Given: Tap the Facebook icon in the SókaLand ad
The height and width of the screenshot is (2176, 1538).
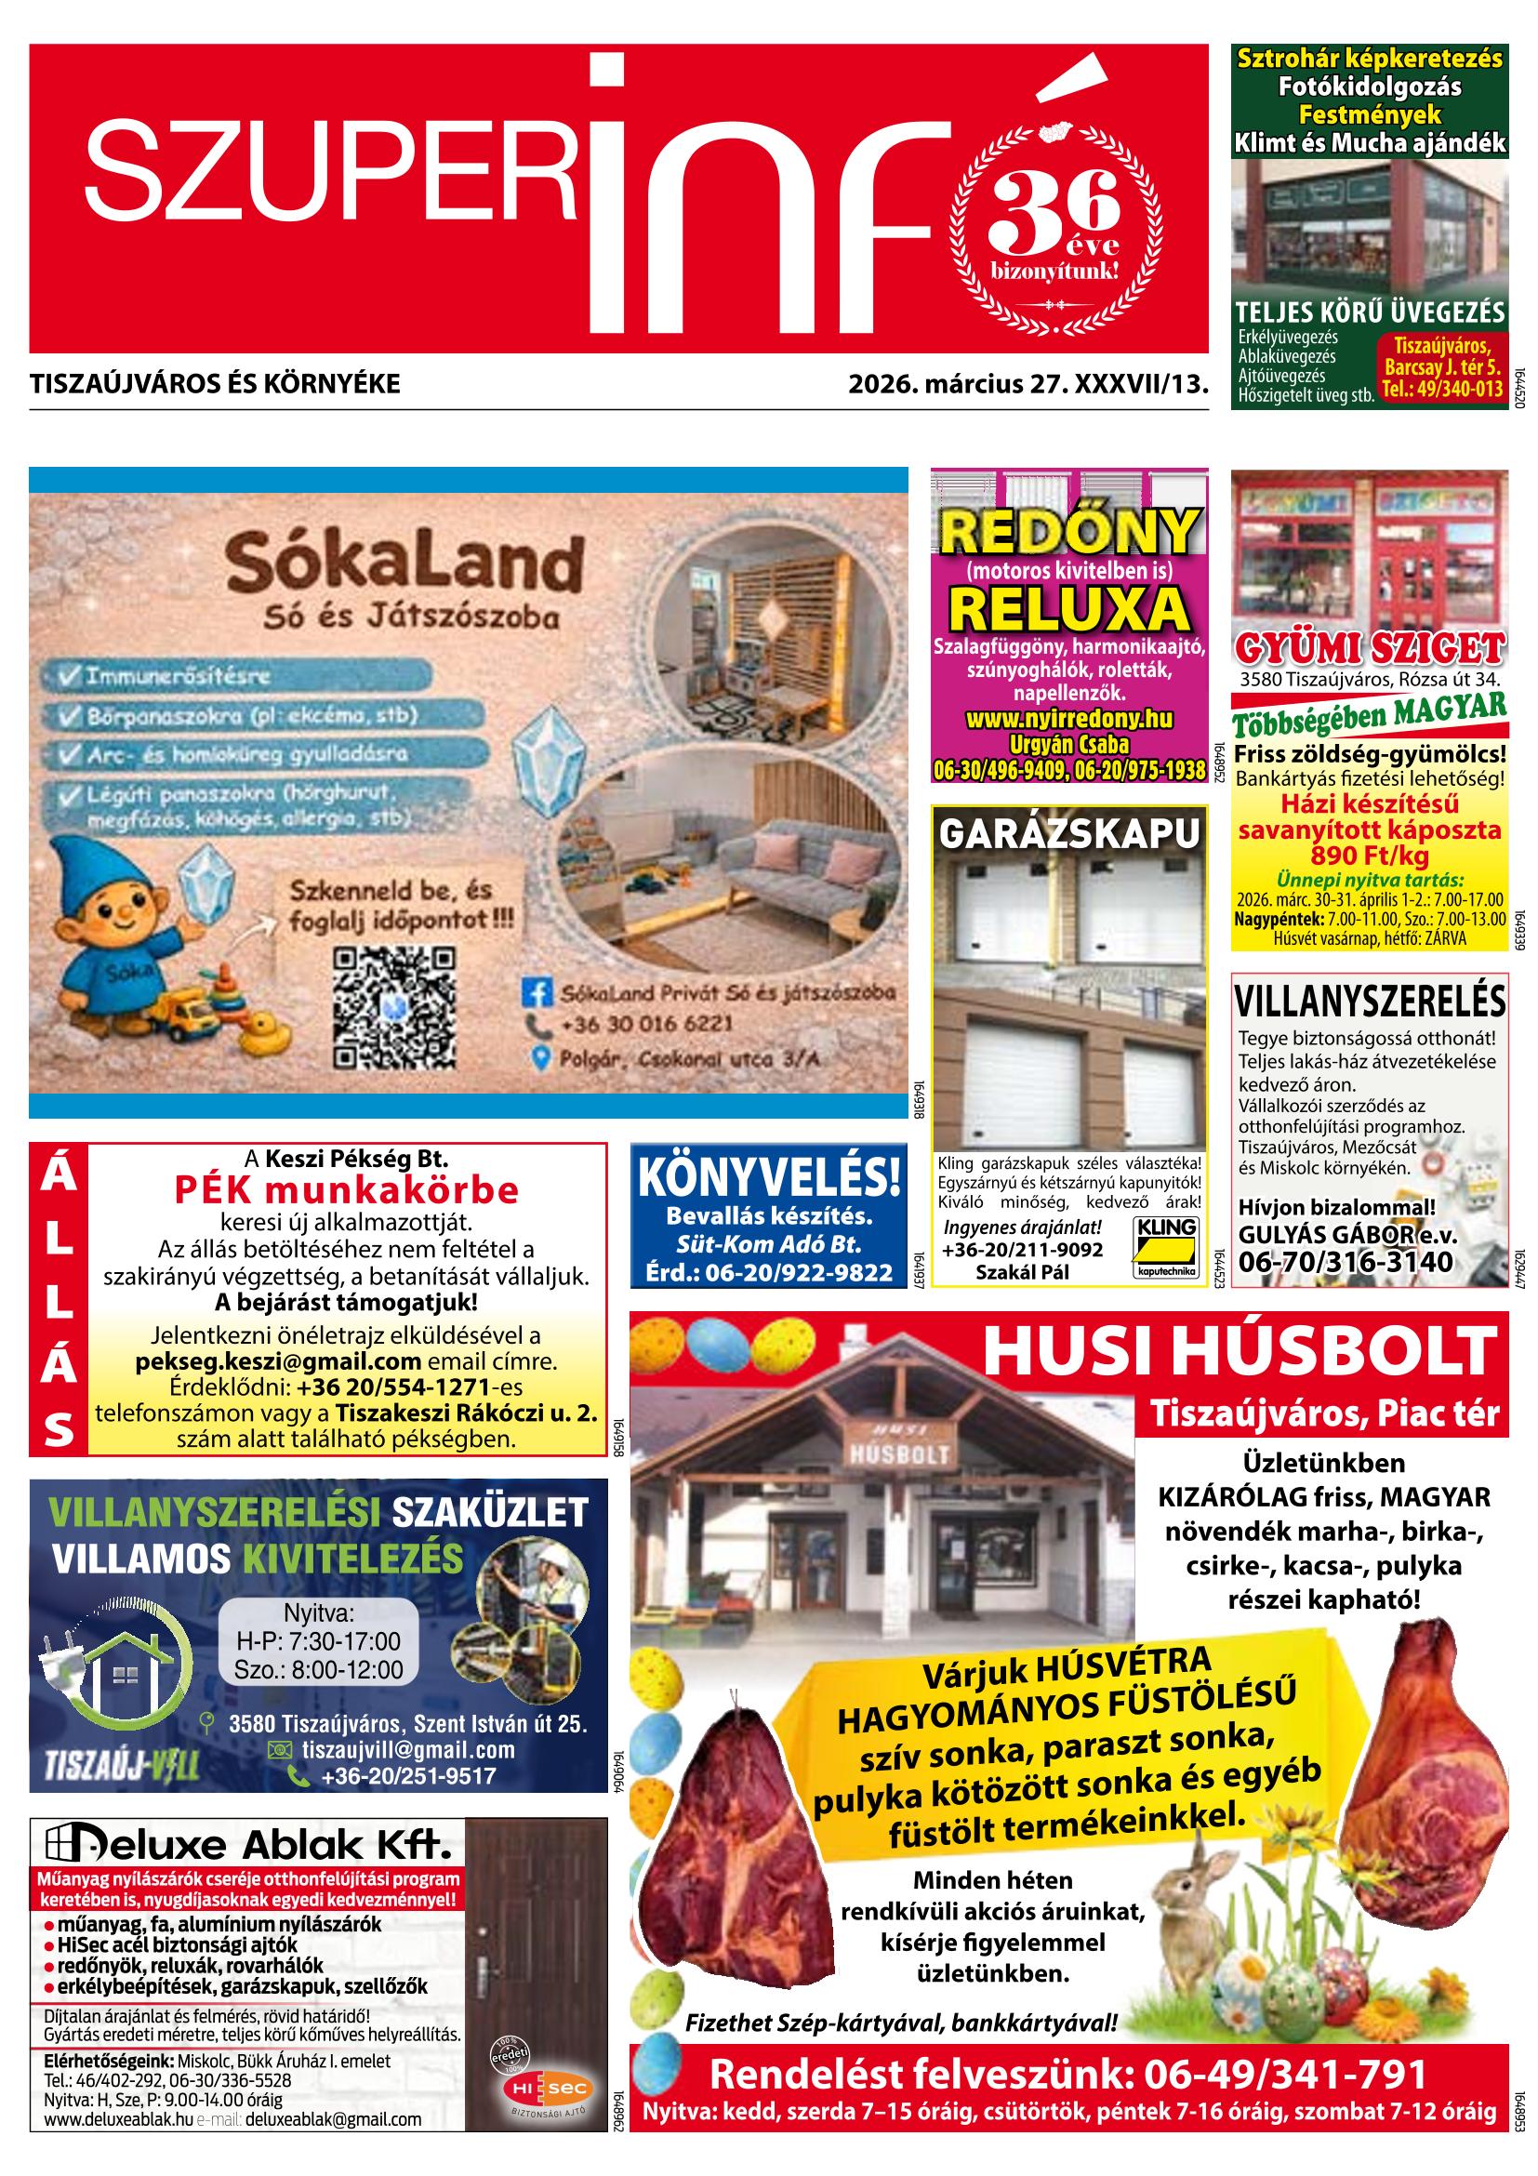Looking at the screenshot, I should tap(537, 993).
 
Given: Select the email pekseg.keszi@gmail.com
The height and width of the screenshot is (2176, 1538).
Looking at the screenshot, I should tap(278, 1361).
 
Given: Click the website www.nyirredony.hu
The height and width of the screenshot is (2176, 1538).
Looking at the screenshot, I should tap(1069, 720).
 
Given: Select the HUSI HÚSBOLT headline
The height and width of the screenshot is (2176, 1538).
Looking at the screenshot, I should tap(1240, 1351).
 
